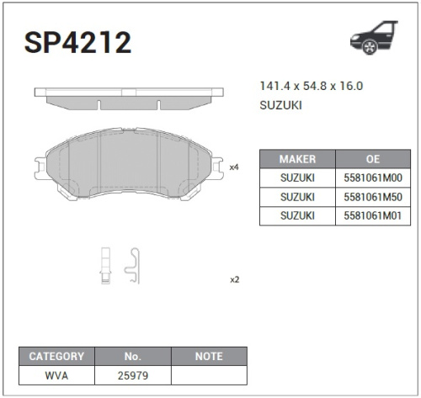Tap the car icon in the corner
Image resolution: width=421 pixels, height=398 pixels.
(x=373, y=39)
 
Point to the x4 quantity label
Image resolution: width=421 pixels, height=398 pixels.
(x=234, y=167)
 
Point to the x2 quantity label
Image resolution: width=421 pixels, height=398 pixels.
(x=234, y=279)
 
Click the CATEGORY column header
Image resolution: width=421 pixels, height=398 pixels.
(x=56, y=356)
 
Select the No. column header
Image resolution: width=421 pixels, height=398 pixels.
(x=132, y=356)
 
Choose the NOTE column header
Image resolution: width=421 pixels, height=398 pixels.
(x=209, y=356)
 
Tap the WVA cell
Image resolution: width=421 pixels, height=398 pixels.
(x=56, y=374)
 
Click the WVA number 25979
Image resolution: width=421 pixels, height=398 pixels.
(x=132, y=374)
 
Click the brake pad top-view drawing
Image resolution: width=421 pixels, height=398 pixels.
(x=129, y=98)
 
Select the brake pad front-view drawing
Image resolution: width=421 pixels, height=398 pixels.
(x=129, y=166)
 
